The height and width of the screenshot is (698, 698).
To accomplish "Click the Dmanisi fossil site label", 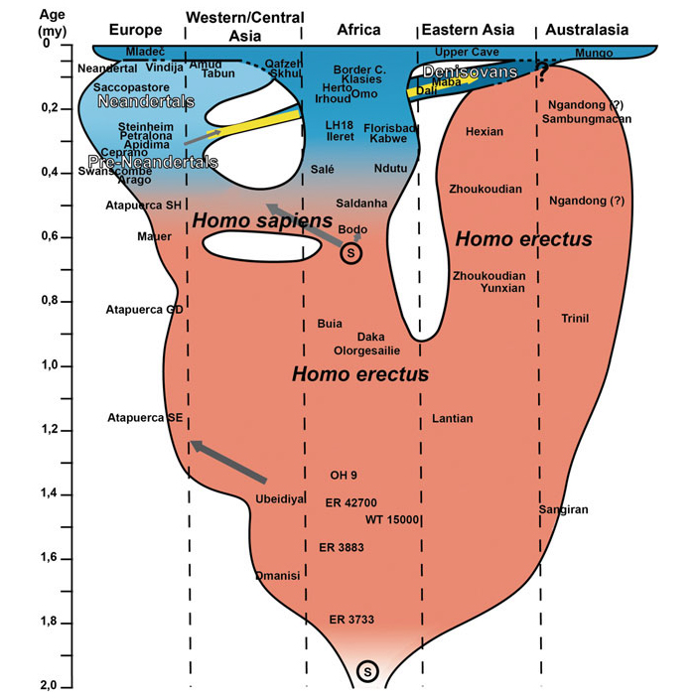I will (x=277, y=575).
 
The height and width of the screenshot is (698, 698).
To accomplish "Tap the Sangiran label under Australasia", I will (x=564, y=509).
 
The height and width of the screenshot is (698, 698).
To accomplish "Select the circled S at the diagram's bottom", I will (x=367, y=671).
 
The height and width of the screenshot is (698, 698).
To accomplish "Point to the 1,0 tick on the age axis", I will (x=48, y=365).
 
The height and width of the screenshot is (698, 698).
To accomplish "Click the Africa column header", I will (x=358, y=30).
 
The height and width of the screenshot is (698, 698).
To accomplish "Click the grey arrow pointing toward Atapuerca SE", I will (x=228, y=462).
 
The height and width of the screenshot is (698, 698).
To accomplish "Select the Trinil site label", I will (x=575, y=319).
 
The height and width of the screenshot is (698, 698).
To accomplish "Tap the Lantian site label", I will (x=453, y=419).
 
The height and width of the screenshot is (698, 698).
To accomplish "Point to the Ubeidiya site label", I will (x=280, y=498).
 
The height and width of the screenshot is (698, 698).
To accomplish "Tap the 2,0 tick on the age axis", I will (x=48, y=686).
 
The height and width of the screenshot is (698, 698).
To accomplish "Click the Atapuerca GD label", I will (x=145, y=310).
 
